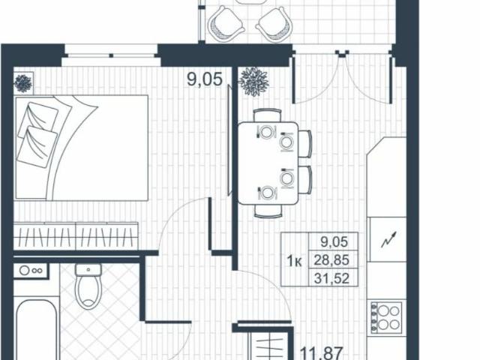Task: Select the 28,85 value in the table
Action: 335,261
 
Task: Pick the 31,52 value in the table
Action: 335,278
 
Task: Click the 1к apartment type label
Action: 295,261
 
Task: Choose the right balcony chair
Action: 273,25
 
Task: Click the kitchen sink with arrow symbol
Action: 387,236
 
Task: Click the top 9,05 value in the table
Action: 335,242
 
